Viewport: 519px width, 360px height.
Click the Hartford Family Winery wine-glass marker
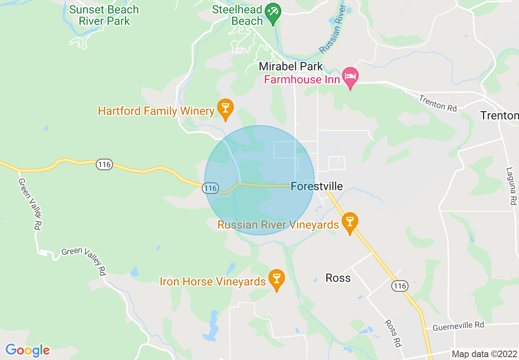click(x=225, y=108)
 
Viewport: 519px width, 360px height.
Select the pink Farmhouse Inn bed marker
click(x=350, y=76)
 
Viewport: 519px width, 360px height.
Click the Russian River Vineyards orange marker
click(x=350, y=222)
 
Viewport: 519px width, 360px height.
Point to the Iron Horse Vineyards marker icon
click(x=277, y=279)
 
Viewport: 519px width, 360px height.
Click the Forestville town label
click(x=317, y=187)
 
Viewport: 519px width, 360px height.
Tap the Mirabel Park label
click(x=291, y=66)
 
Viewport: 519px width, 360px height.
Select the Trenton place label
click(x=499, y=116)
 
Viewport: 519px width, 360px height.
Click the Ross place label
click(x=338, y=278)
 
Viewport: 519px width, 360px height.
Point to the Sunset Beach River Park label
click(x=104, y=15)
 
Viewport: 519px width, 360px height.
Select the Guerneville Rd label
click(x=458, y=326)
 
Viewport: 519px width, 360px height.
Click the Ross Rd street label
click(x=393, y=333)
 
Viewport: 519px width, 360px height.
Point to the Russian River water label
click(x=333, y=31)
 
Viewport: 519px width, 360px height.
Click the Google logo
click(x=27, y=350)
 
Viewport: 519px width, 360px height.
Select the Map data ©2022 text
click(x=484, y=354)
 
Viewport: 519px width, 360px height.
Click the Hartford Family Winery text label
click(x=156, y=111)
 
